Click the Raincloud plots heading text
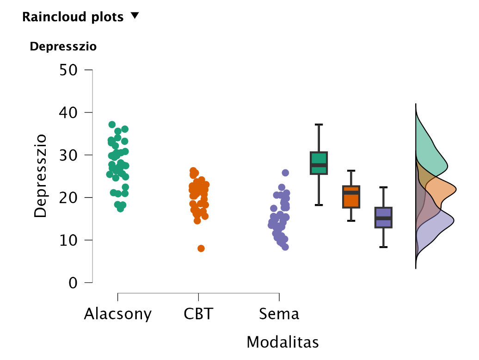[x=73, y=17]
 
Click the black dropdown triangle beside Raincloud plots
[x=135, y=15]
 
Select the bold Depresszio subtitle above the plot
[x=63, y=46]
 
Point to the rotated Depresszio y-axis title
[x=41, y=176]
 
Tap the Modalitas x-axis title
[x=282, y=342]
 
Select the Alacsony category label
[x=117, y=314]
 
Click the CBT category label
[x=198, y=314]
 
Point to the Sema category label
[x=279, y=314]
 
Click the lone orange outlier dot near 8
[x=201, y=248]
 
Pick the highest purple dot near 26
[x=285, y=173]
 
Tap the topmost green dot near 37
[x=112, y=124]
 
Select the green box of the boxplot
[x=319, y=163]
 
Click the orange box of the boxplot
[x=351, y=197]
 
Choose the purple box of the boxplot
[x=384, y=217]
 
